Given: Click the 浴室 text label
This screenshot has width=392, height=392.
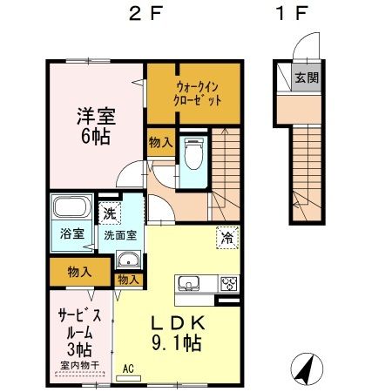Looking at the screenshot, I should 71,234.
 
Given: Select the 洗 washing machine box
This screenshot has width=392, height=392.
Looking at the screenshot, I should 109,212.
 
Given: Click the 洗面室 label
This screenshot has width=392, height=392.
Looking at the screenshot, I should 120,234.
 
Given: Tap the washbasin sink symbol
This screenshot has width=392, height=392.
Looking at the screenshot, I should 127,259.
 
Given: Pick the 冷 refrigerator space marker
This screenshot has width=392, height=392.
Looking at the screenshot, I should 226,235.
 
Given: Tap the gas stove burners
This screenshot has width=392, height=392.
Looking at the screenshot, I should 228,284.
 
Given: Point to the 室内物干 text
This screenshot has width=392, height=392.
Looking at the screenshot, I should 78,364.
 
